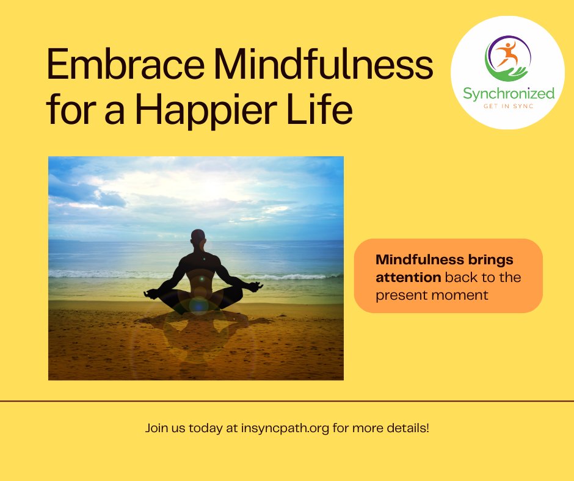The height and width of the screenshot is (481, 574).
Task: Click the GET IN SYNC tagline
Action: click(x=508, y=106)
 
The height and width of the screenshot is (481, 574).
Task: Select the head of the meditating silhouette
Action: click(x=197, y=237)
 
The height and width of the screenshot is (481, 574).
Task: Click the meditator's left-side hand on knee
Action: click(x=150, y=294)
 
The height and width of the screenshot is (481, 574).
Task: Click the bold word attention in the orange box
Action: click(x=408, y=278)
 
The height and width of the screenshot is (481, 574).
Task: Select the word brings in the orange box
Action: click(x=485, y=260)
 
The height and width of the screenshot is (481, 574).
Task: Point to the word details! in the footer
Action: click(x=409, y=428)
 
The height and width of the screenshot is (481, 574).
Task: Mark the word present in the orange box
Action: click(x=404, y=295)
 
